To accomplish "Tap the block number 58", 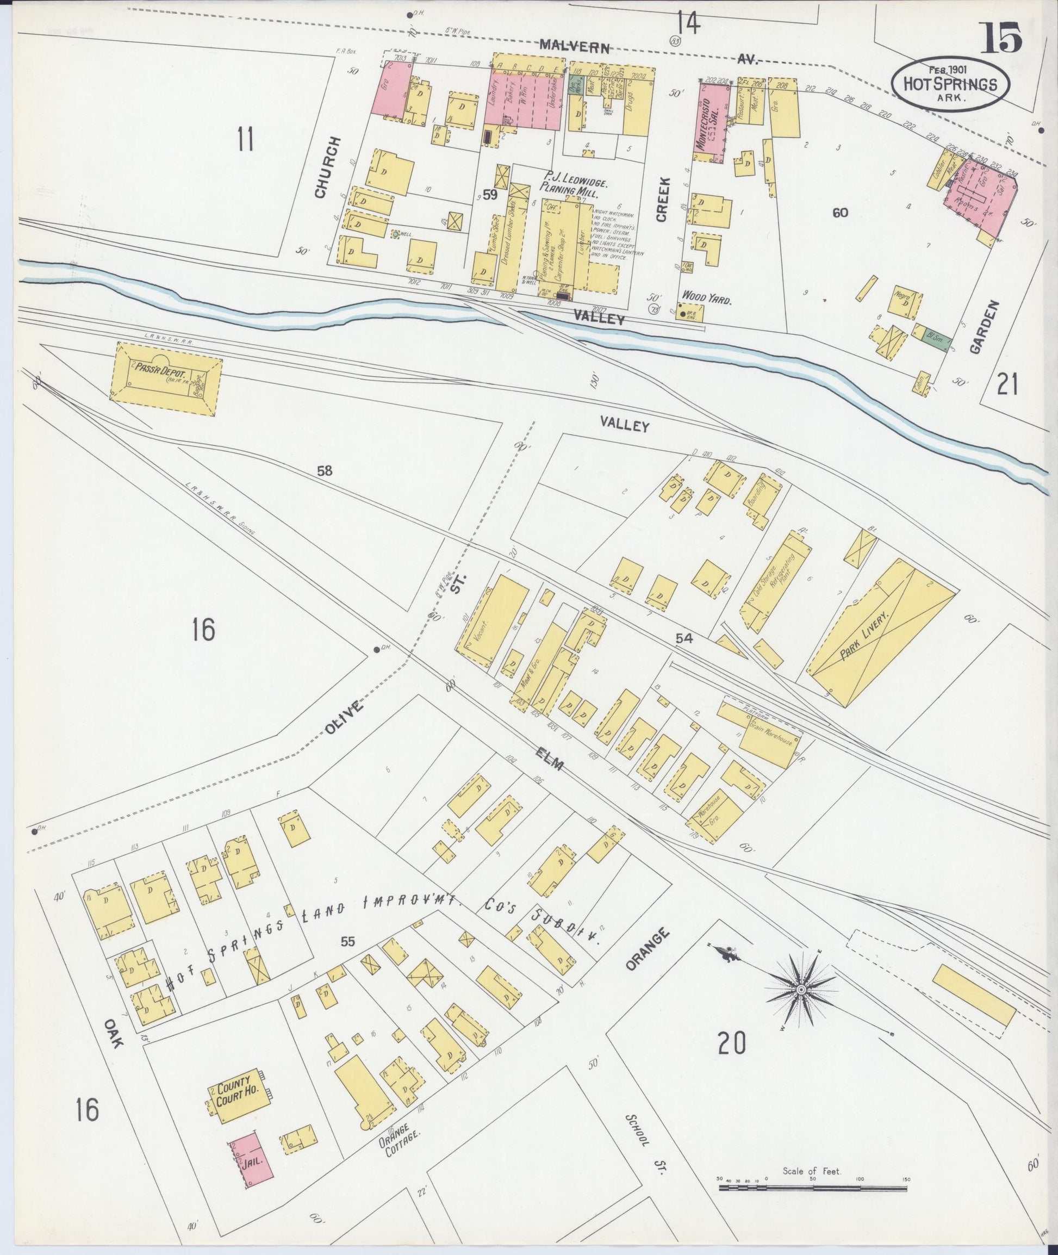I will [325, 471].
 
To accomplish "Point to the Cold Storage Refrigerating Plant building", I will [775, 582].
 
